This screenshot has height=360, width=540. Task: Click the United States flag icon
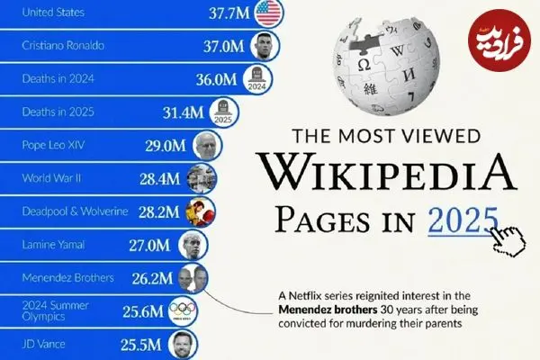(268, 13)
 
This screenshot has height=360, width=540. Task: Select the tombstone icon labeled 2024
(257, 79)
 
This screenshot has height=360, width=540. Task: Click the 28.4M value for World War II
(163, 178)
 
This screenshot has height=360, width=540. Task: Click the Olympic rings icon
(184, 311)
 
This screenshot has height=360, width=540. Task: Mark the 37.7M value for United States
(228, 13)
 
